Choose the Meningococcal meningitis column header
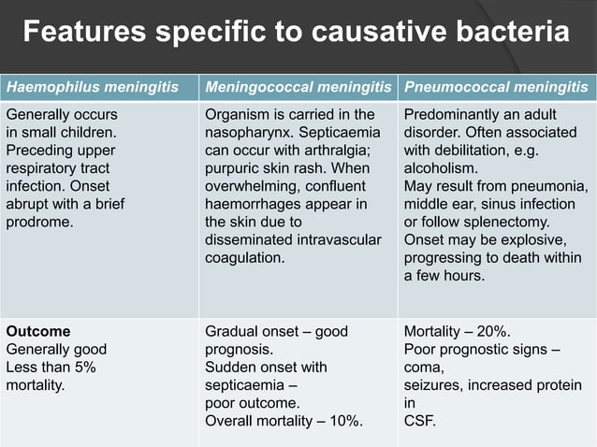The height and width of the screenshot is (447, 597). tap(298, 88)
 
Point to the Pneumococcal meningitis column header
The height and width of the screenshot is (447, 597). tap(495, 88)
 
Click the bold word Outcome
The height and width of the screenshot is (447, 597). tap(38, 331)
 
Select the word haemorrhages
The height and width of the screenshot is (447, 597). tap(253, 205)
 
